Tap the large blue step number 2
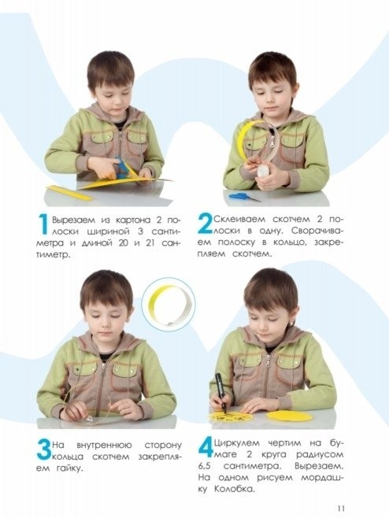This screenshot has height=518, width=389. click(x=205, y=224)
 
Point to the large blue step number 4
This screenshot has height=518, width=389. click(x=206, y=448)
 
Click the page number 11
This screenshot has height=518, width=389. click(x=341, y=508)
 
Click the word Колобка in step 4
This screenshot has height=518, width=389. click(x=234, y=489)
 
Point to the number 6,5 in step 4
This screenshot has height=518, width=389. click(x=205, y=467)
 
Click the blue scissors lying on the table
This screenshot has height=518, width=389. click(x=244, y=197)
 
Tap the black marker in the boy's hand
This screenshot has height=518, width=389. click(x=220, y=393)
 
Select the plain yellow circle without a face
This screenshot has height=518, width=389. click(x=290, y=416)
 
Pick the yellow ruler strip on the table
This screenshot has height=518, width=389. click(x=70, y=193)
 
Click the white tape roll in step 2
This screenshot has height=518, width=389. click(x=263, y=170)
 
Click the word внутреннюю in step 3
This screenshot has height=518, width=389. click(x=104, y=446)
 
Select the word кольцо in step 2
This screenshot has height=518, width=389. click(x=288, y=242)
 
